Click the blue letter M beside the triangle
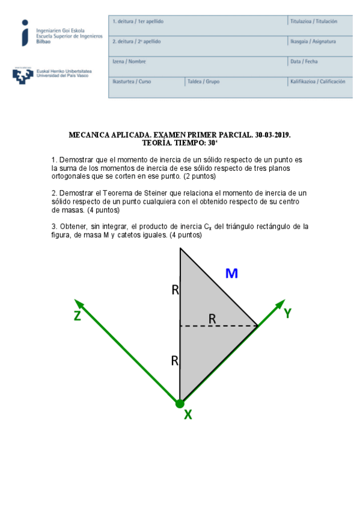pyautogui.click(x=231, y=274)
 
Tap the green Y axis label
pyautogui.click(x=287, y=313)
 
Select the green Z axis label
pyautogui.click(x=78, y=316)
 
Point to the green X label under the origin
pyautogui.click(x=188, y=414)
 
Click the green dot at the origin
pyautogui.click(x=180, y=403)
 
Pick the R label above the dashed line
pyautogui.click(x=212, y=319)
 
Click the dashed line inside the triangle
pyautogui.click(x=219, y=327)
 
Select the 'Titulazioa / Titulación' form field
pyautogui.click(x=313, y=22)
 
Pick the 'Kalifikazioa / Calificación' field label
pyautogui.click(x=317, y=81)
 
